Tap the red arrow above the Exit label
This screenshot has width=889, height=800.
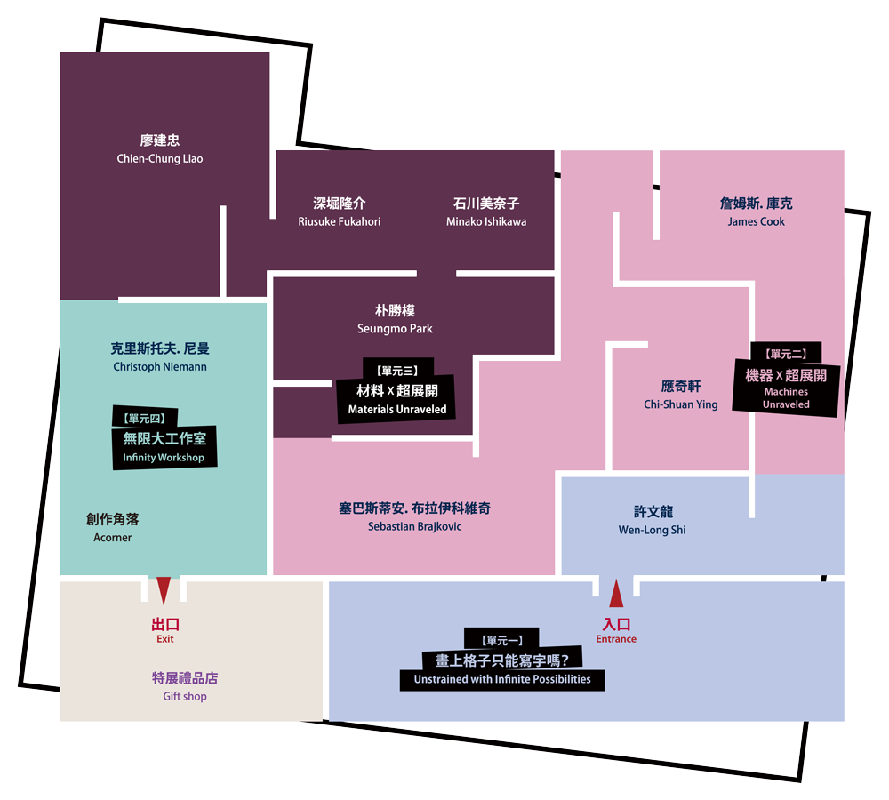click(164, 590)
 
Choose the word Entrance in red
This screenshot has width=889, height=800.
click(616, 639)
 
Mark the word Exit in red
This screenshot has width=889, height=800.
click(165, 639)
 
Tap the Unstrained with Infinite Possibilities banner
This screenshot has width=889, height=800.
click(502, 679)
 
